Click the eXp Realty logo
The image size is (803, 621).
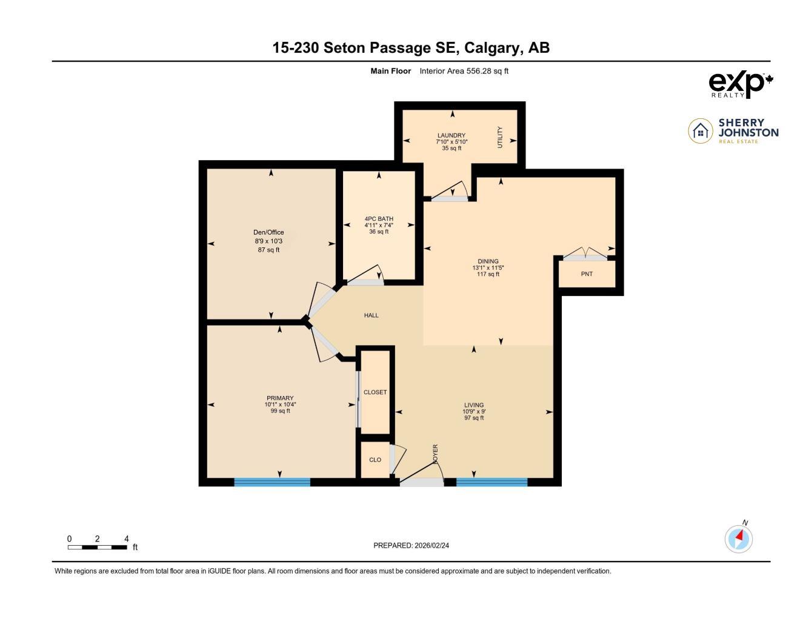741,84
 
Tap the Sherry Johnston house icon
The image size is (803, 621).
701,131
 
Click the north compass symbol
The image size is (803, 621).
739,538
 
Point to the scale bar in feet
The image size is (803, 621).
98,547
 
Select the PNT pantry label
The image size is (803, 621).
587,274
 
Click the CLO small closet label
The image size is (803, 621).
375,460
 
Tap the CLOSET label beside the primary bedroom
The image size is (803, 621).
375,392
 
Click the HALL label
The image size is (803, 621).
372,315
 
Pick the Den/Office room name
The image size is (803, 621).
268,232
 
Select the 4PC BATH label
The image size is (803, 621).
379,219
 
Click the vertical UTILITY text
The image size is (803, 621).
500,137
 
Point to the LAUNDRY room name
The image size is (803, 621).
451,135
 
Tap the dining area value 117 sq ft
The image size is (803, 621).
488,274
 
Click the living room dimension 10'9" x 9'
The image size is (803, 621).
474,411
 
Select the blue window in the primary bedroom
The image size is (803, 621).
272,482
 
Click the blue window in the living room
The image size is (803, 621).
491,482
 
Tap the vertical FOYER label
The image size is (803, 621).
435,454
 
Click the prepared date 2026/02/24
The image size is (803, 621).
431,545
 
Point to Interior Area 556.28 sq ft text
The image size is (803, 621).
464,71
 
